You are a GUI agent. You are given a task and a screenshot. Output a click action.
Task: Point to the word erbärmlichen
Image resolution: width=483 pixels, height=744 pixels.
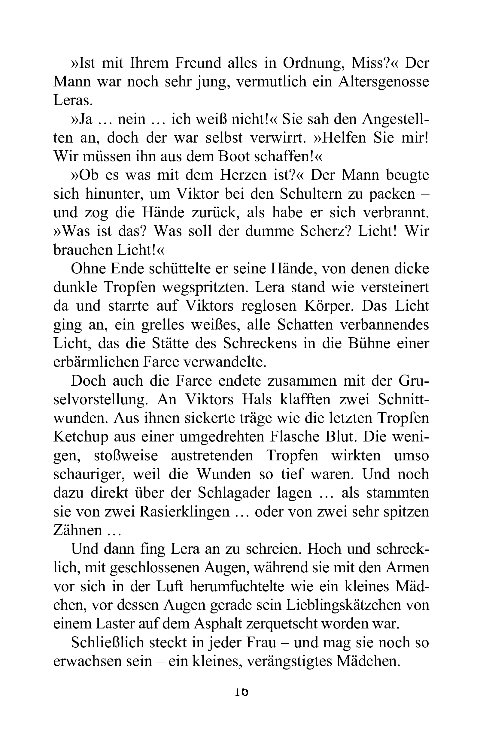(96, 362)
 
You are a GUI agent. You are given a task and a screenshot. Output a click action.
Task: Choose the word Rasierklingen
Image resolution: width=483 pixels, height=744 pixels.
(184, 512)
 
